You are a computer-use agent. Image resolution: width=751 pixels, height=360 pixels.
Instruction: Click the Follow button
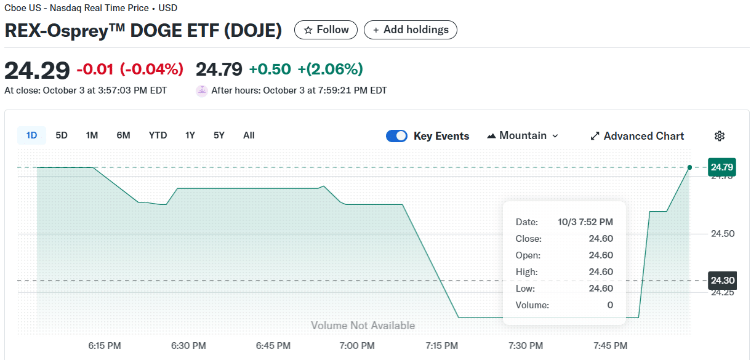pyautogui.click(x=326, y=30)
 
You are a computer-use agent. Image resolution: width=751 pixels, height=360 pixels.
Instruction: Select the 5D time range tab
pyautogui.click(x=62, y=135)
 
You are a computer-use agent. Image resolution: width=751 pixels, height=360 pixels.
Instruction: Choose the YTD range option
pyautogui.click(x=158, y=135)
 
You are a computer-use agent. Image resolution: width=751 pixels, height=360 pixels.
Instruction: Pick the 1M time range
pyautogui.click(x=92, y=135)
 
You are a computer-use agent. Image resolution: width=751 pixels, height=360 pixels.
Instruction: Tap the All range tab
pyautogui.click(x=249, y=135)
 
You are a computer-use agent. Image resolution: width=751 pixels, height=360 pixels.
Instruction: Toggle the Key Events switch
pyautogui.click(x=396, y=136)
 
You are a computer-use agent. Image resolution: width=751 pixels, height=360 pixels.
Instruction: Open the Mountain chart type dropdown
pyautogui.click(x=523, y=136)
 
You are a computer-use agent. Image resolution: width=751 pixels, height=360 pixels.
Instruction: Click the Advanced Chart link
pyautogui.click(x=637, y=136)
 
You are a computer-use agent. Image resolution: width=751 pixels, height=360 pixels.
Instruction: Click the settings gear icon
pyautogui.click(x=720, y=136)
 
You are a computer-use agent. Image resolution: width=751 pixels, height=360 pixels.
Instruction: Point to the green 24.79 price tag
pyautogui.click(x=721, y=167)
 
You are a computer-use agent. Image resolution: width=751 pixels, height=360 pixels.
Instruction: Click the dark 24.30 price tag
pyautogui.click(x=721, y=281)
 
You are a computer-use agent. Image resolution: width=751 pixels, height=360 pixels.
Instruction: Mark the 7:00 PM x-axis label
pyautogui.click(x=357, y=346)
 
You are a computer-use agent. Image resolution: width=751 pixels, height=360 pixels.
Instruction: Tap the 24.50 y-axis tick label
pyautogui.click(x=722, y=234)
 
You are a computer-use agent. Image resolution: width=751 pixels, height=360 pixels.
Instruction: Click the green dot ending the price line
pyautogui.click(x=689, y=167)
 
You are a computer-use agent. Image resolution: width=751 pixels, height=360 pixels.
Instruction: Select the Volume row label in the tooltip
pyautogui.click(x=532, y=305)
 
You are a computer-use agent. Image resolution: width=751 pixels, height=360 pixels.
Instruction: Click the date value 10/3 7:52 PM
pyautogui.click(x=585, y=222)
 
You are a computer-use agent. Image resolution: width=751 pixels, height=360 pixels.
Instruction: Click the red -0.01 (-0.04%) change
pyautogui.click(x=130, y=70)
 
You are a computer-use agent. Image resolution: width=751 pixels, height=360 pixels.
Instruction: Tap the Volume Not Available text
pyautogui.click(x=363, y=326)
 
